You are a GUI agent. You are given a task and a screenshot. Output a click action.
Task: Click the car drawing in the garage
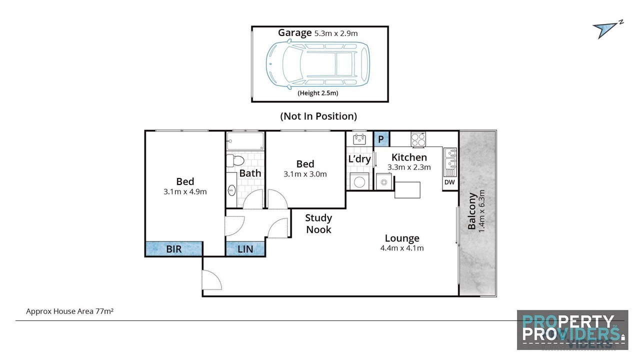tap(317, 64)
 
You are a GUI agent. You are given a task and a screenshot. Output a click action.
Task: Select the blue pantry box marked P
tap(381, 139)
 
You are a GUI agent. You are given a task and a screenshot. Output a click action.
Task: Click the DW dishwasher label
tap(449, 182)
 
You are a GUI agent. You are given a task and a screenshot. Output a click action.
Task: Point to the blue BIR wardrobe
tap(174, 249)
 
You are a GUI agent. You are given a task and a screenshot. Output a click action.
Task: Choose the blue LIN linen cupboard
tap(245, 249)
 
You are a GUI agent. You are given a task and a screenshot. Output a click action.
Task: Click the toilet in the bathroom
tap(235, 160)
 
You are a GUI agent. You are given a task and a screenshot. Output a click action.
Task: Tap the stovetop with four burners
tap(418, 139)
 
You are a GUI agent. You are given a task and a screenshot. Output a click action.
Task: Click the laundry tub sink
tap(359, 139)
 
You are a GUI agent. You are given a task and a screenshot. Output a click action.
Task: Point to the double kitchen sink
tap(450, 162)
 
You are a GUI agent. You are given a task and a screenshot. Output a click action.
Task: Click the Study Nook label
tap(318, 223)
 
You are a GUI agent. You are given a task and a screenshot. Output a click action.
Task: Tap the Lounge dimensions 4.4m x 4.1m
tap(402, 248)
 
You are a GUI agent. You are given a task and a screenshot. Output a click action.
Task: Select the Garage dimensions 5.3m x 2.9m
tap(336, 33)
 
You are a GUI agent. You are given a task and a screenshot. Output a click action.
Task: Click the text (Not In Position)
tap(318, 116)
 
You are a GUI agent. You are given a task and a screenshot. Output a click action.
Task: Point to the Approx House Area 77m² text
tap(69, 311)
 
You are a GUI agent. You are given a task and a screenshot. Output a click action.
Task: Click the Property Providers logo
tap(572, 330)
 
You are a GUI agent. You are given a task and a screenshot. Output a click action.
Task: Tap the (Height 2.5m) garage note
tap(318, 93)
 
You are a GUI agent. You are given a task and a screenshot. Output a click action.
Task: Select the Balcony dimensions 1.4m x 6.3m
tap(481, 211)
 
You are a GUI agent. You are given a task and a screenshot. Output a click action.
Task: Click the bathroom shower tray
tap(245, 141)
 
